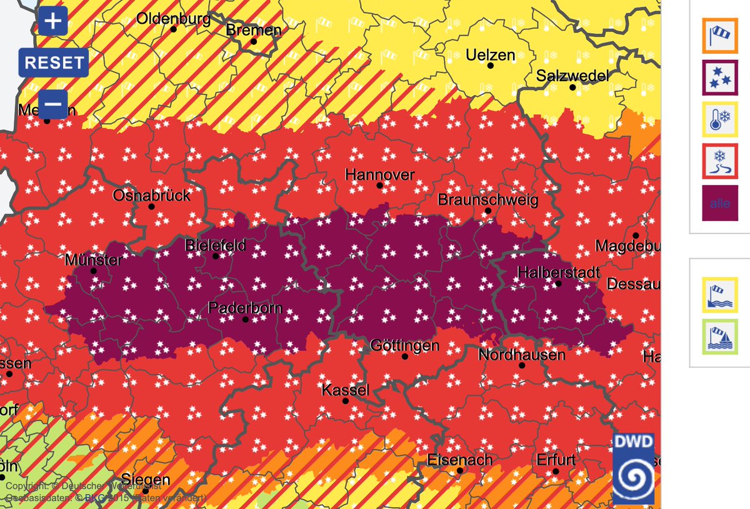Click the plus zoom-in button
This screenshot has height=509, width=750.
[x=53, y=22]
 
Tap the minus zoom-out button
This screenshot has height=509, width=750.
[x=53, y=103]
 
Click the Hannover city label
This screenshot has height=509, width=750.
[x=379, y=175]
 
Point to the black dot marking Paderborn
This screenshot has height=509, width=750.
[x=246, y=319]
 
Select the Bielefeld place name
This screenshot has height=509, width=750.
[x=215, y=245]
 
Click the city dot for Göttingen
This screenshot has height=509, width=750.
[x=405, y=357]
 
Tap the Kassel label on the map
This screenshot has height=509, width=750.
[x=345, y=390]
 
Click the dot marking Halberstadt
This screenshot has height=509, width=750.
[x=559, y=284]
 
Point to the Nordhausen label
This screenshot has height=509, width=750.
[x=521, y=355]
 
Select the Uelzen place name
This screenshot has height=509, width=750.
[x=491, y=55]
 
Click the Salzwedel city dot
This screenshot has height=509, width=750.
[x=572, y=87]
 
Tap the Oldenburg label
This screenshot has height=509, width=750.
[x=173, y=19]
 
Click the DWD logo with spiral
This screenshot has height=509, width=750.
[x=633, y=468]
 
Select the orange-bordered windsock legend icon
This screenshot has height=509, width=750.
[x=720, y=36]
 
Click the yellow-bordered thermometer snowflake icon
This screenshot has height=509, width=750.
[x=720, y=120]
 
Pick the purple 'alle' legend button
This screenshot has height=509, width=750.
[x=720, y=203]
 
